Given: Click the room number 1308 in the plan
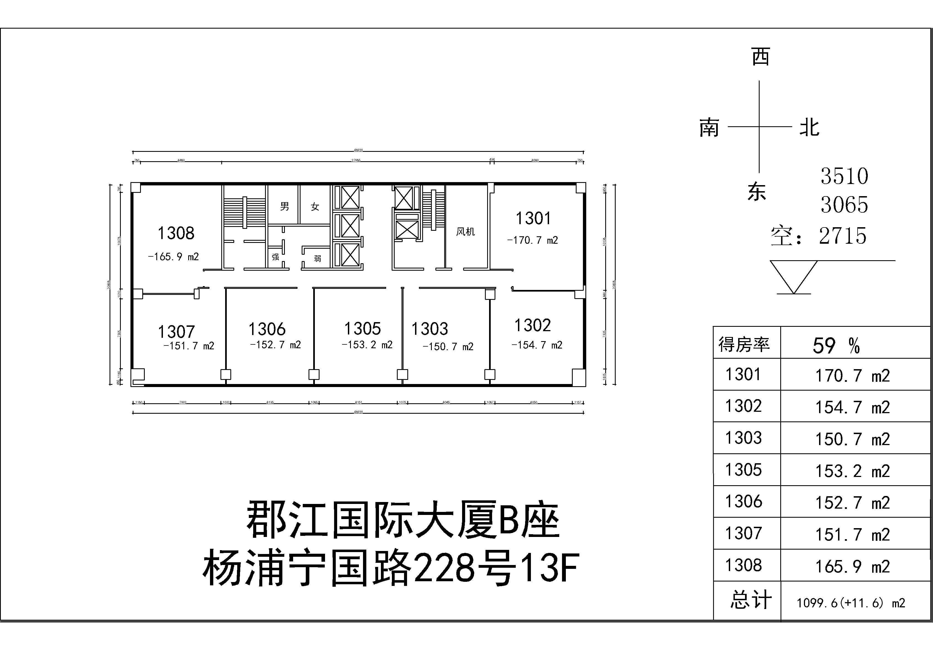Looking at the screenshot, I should click(x=176, y=233).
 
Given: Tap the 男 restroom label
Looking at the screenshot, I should click(x=285, y=206).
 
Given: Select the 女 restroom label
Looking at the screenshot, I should click(x=315, y=207).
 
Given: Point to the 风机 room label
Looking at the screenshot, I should click(x=465, y=232).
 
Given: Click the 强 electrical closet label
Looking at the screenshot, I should click(x=275, y=257).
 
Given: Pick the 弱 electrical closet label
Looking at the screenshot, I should click(x=317, y=258).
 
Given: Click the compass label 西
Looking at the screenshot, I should click(x=760, y=57).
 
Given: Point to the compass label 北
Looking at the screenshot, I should click(x=809, y=128).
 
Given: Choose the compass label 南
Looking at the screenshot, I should click(x=709, y=128).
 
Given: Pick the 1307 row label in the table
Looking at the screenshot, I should click(x=744, y=533).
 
